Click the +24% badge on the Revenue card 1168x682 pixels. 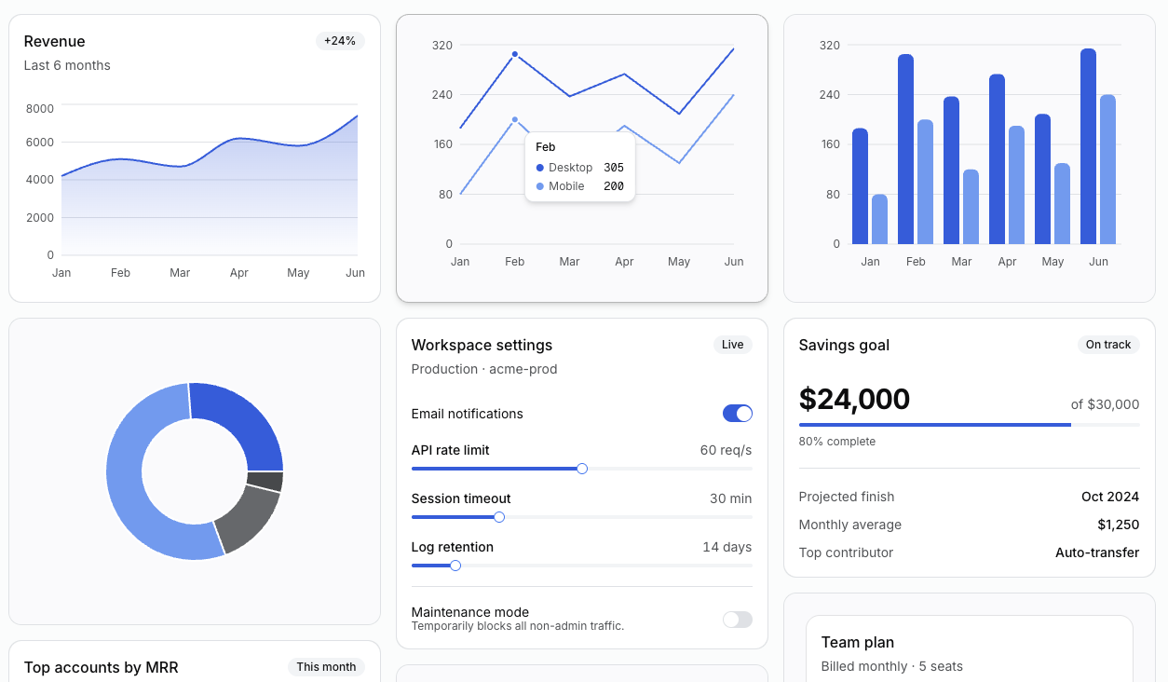[340, 41]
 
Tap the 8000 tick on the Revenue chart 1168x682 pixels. [40, 108]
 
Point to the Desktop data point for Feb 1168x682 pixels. [515, 54]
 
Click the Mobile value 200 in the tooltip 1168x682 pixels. [614, 186]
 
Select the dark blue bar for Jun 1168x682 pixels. [1088, 146]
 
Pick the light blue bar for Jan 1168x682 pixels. [879, 219]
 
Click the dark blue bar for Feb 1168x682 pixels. [905, 149]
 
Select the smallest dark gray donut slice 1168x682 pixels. [265, 482]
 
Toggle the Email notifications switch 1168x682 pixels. [738, 414]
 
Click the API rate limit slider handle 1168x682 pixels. [582, 469]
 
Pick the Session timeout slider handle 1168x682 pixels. [499, 517]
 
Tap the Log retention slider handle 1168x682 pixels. [455, 566]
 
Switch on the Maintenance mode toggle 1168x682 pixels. [738, 620]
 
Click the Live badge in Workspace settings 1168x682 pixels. [733, 345]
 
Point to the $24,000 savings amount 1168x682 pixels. [854, 400]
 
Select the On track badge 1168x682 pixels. [1108, 345]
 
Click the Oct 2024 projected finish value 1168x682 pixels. [1109, 497]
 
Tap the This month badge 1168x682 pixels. [326, 667]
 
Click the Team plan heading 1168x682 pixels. [857, 642]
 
